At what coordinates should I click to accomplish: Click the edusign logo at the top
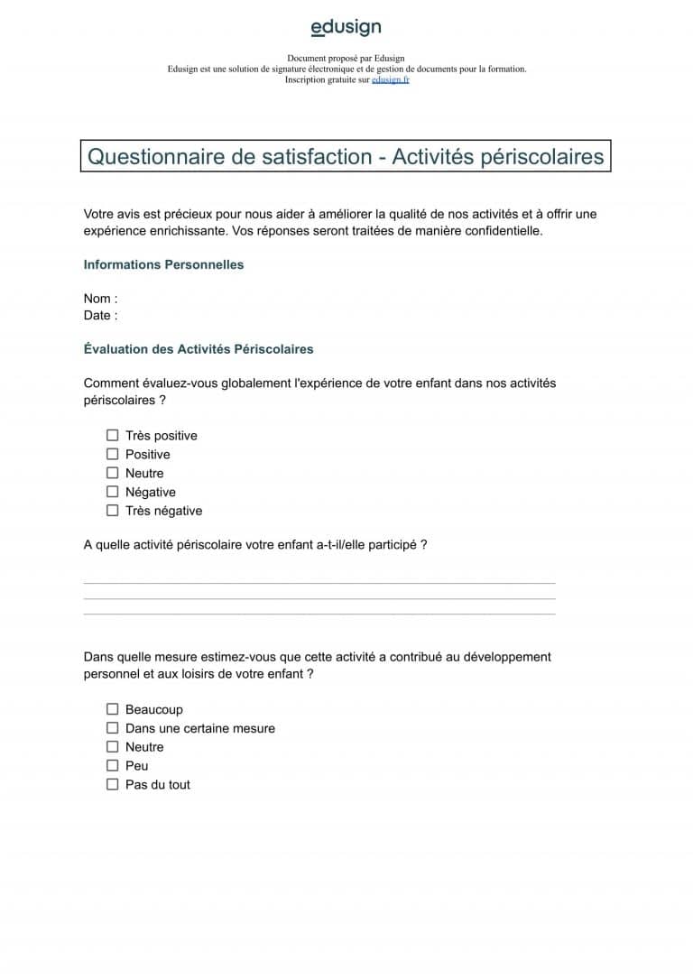[x=346, y=28]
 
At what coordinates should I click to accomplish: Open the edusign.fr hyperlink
[x=391, y=79]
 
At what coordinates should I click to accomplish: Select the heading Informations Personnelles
[x=163, y=264]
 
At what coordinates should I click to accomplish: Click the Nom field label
[x=100, y=299]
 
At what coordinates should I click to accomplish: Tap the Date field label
[x=100, y=315]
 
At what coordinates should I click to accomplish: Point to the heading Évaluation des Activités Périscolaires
[x=199, y=348]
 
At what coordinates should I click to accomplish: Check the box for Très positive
[x=113, y=436]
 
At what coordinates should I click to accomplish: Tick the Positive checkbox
[x=113, y=454]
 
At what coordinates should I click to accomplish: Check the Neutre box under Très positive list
[x=113, y=473]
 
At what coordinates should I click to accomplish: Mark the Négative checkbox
[x=113, y=492]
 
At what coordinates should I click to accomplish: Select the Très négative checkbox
[x=113, y=511]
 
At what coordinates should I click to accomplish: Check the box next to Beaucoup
[x=113, y=710]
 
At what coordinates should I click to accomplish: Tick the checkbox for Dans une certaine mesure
[x=113, y=728]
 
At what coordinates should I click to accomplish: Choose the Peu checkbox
[x=113, y=766]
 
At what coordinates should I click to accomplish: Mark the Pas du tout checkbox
[x=113, y=785]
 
